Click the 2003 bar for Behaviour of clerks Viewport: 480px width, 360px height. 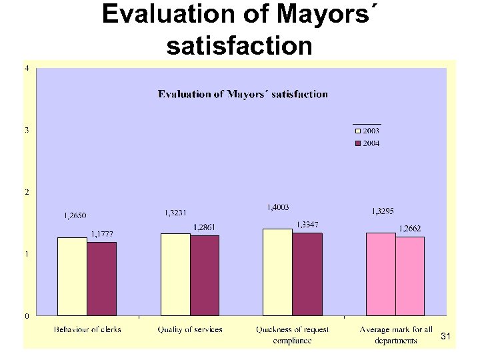point(72,276)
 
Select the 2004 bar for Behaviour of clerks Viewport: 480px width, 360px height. point(101,279)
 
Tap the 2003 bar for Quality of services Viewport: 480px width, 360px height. point(175,274)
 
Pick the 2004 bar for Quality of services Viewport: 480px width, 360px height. point(205,275)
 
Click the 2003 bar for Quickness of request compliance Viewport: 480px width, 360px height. point(278,272)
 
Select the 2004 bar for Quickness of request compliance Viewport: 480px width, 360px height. point(307,274)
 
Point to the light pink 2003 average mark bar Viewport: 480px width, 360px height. point(381,274)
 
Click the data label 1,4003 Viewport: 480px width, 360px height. point(277,208)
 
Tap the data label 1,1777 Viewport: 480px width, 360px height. point(102,233)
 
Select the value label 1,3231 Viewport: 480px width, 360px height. point(175,213)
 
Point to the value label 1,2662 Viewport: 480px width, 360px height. point(409,229)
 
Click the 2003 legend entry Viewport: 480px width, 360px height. point(367,131)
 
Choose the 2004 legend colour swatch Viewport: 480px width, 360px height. point(357,143)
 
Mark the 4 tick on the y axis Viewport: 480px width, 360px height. point(27,68)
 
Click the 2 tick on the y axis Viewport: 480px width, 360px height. point(27,192)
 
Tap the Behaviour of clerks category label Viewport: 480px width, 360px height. point(87,329)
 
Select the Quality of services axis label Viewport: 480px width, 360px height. point(190,329)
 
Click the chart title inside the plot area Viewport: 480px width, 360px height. point(243,94)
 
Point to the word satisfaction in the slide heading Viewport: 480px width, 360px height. point(239,46)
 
